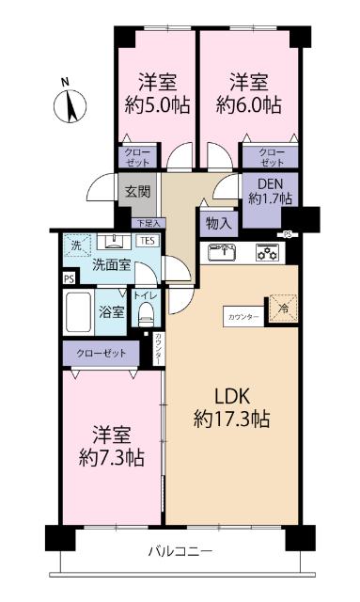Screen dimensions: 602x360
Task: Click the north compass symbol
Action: (71, 105)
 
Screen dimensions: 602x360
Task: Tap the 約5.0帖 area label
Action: (154, 103)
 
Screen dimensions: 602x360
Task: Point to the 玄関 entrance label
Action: (137, 191)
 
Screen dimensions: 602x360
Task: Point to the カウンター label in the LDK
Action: (243, 317)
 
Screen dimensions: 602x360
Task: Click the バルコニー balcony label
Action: (180, 549)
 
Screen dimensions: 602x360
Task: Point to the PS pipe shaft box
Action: (68, 279)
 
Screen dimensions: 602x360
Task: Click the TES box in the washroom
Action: (148, 242)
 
